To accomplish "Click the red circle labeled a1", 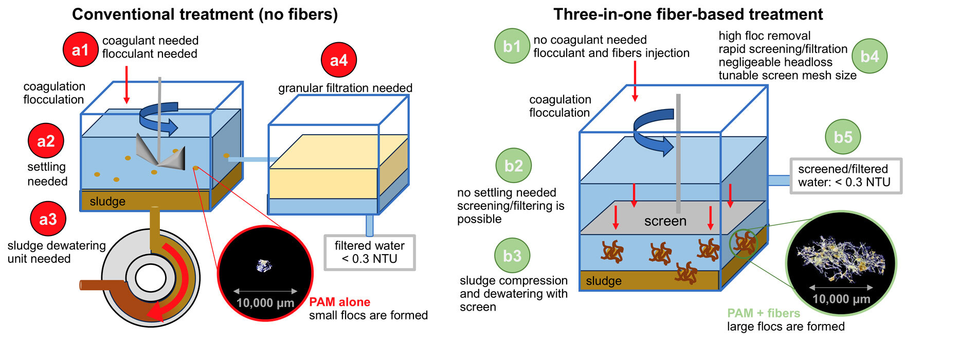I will pyautogui.click(x=80, y=50).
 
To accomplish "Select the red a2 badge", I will pyautogui.click(x=46, y=140).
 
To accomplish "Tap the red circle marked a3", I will pyautogui.click(x=48, y=219).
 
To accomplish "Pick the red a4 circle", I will pyautogui.click(x=338, y=60).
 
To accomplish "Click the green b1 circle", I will pyautogui.click(x=512, y=46).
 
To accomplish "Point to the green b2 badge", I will pyautogui.click(x=514, y=166).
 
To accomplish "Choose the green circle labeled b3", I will pyautogui.click(x=512, y=256).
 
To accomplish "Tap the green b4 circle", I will pyautogui.click(x=870, y=56).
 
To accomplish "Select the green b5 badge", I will pyautogui.click(x=843, y=137).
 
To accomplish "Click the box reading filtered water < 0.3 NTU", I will pyautogui.click(x=369, y=253).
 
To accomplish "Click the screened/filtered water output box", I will pyautogui.click(x=845, y=176).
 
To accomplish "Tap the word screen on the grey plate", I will pyautogui.click(x=665, y=221).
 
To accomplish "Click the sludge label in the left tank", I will pyautogui.click(x=107, y=202).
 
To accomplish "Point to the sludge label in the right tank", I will pyautogui.click(x=604, y=281).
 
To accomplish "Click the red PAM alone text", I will pyautogui.click(x=339, y=302).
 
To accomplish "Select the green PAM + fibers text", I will pyautogui.click(x=763, y=313).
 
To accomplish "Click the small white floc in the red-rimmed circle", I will pyautogui.click(x=264, y=265).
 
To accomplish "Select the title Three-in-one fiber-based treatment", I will pyautogui.click(x=687, y=14).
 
